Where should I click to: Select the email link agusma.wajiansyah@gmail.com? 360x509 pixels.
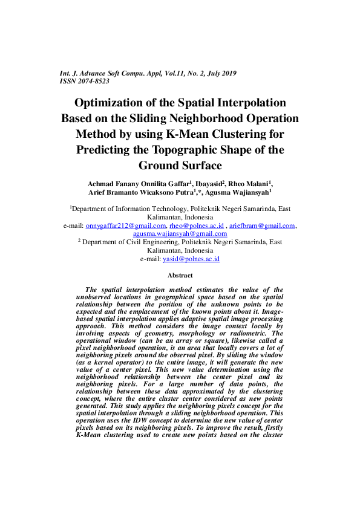pos(180,233)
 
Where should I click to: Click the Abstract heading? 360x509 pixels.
pos(180,275)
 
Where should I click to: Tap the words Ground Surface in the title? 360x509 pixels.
pos(180,165)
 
